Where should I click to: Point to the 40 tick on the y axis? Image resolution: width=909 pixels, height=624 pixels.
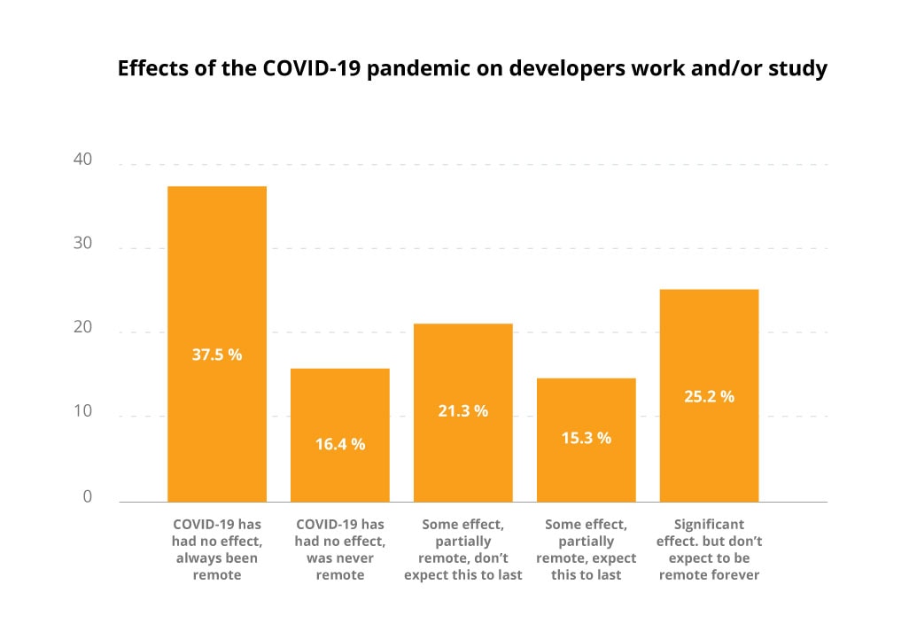[x=83, y=160]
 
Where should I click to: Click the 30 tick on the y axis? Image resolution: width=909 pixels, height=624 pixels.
[x=83, y=245]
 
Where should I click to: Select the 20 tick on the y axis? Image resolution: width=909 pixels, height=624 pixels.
[x=83, y=328]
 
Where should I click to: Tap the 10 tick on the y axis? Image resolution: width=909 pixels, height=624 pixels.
[x=83, y=412]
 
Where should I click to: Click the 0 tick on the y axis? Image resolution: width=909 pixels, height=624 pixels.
[x=88, y=497]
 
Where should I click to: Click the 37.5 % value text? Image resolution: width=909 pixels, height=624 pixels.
[x=217, y=355]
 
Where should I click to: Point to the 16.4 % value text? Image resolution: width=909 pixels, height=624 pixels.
[x=340, y=445]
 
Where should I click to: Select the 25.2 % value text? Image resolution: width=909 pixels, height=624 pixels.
[x=709, y=397]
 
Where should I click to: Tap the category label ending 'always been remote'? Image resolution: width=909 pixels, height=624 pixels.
[x=217, y=550]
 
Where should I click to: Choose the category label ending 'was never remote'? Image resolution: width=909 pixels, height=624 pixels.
[x=340, y=550]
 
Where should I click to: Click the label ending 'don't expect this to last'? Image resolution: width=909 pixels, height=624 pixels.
[x=463, y=550]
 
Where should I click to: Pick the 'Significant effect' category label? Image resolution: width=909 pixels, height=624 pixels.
[x=709, y=550]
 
